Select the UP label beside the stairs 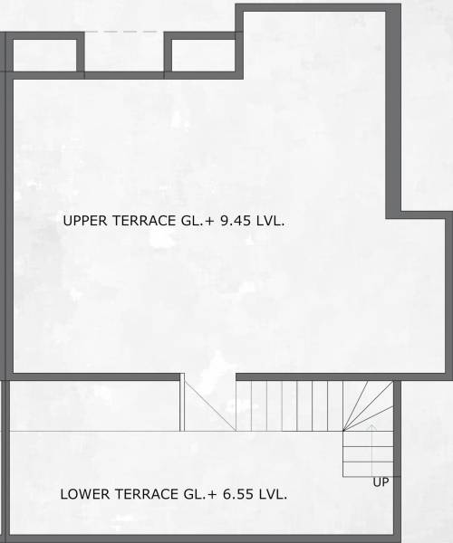coord(381,482)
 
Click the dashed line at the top coord(123,33)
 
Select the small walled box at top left coord(44,56)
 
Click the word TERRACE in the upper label coord(139,221)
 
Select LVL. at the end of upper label coord(273,221)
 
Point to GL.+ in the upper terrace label coord(196,221)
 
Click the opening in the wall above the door coord(209,376)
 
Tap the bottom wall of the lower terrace coord(199,539)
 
